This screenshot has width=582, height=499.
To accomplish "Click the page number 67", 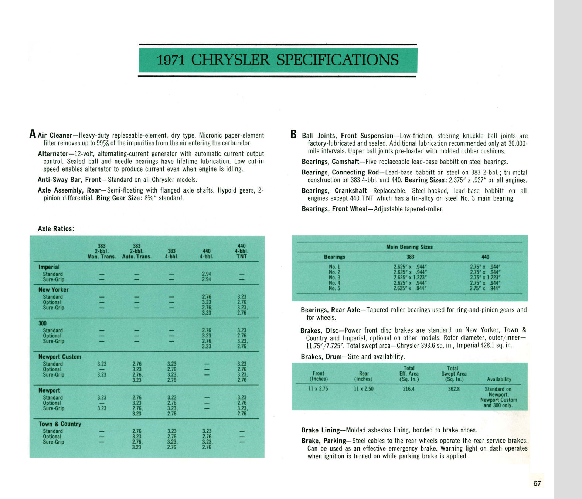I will pos(537,483).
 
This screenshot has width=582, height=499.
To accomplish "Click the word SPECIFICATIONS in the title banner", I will pos(337,60).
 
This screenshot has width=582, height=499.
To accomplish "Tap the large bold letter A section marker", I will pos(33,134).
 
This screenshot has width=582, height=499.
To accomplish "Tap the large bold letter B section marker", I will pos(293,134).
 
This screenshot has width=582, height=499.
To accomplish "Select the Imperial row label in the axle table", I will pos(49,267).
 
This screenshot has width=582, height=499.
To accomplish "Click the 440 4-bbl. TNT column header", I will pos(242,251).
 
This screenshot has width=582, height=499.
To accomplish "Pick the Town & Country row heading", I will pos(59,424).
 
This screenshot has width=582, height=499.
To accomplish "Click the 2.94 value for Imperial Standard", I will pos(207,274).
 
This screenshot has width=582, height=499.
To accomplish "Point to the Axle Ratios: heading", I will pos(56,229).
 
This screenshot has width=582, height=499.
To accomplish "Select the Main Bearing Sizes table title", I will pos(409,247).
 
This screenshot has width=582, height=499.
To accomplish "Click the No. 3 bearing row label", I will pos(334,278).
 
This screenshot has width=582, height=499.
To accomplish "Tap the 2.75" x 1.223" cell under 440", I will pos(485,278).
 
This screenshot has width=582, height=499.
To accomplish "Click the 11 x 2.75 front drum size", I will pos(318,389).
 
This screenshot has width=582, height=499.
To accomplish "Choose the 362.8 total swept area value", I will pos(454,389).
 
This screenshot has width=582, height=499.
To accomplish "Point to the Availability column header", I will pos(499,379).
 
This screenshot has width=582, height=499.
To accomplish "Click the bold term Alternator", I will pos(53,153).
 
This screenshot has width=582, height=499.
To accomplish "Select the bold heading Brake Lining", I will pos(320,430).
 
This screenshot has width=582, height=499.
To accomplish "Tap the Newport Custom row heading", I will pos(59,357).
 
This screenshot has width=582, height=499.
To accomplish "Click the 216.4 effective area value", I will pos(408,389).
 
